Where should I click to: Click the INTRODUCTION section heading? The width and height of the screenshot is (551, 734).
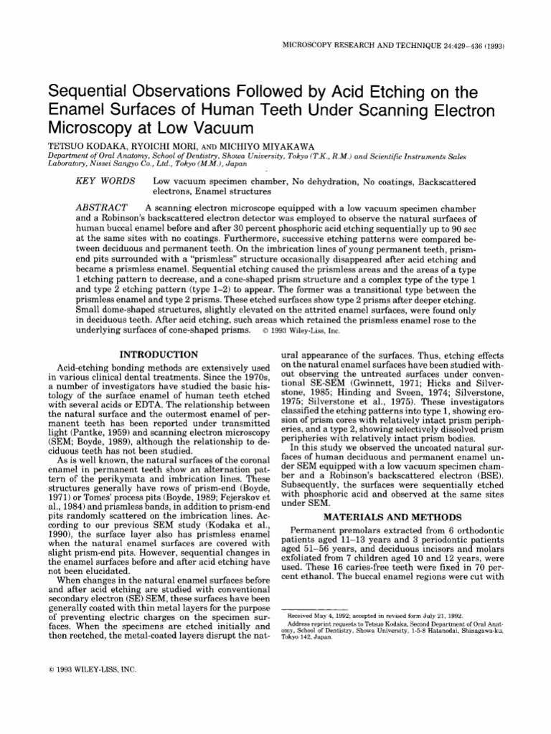tap(159, 354)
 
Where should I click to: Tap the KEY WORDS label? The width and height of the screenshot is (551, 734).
tap(105, 182)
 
